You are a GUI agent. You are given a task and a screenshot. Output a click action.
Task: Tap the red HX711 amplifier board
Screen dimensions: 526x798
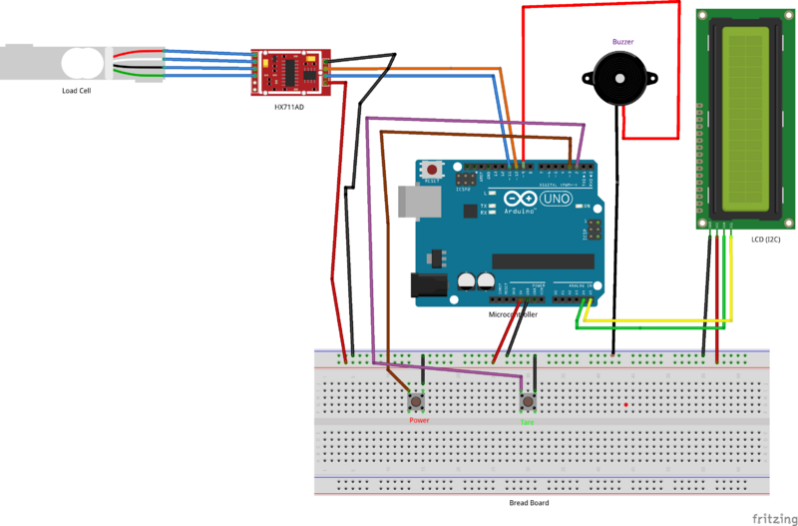tap(289, 72)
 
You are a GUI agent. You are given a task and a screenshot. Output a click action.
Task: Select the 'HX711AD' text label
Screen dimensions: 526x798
tap(289, 106)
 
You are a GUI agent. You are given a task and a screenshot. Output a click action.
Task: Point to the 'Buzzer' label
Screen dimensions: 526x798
tap(623, 42)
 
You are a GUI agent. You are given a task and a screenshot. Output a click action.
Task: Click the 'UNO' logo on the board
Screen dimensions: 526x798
tap(557, 200)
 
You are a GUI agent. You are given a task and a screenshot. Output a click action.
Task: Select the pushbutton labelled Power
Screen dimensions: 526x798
tap(418, 402)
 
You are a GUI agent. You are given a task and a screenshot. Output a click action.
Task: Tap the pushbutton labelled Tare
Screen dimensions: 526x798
tap(528, 402)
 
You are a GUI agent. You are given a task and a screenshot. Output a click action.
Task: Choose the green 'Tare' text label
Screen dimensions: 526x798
tap(528, 421)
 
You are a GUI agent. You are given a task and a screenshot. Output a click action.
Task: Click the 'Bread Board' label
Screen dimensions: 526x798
tap(528, 503)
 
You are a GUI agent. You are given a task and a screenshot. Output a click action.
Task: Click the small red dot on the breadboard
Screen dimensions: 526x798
tap(624, 404)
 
